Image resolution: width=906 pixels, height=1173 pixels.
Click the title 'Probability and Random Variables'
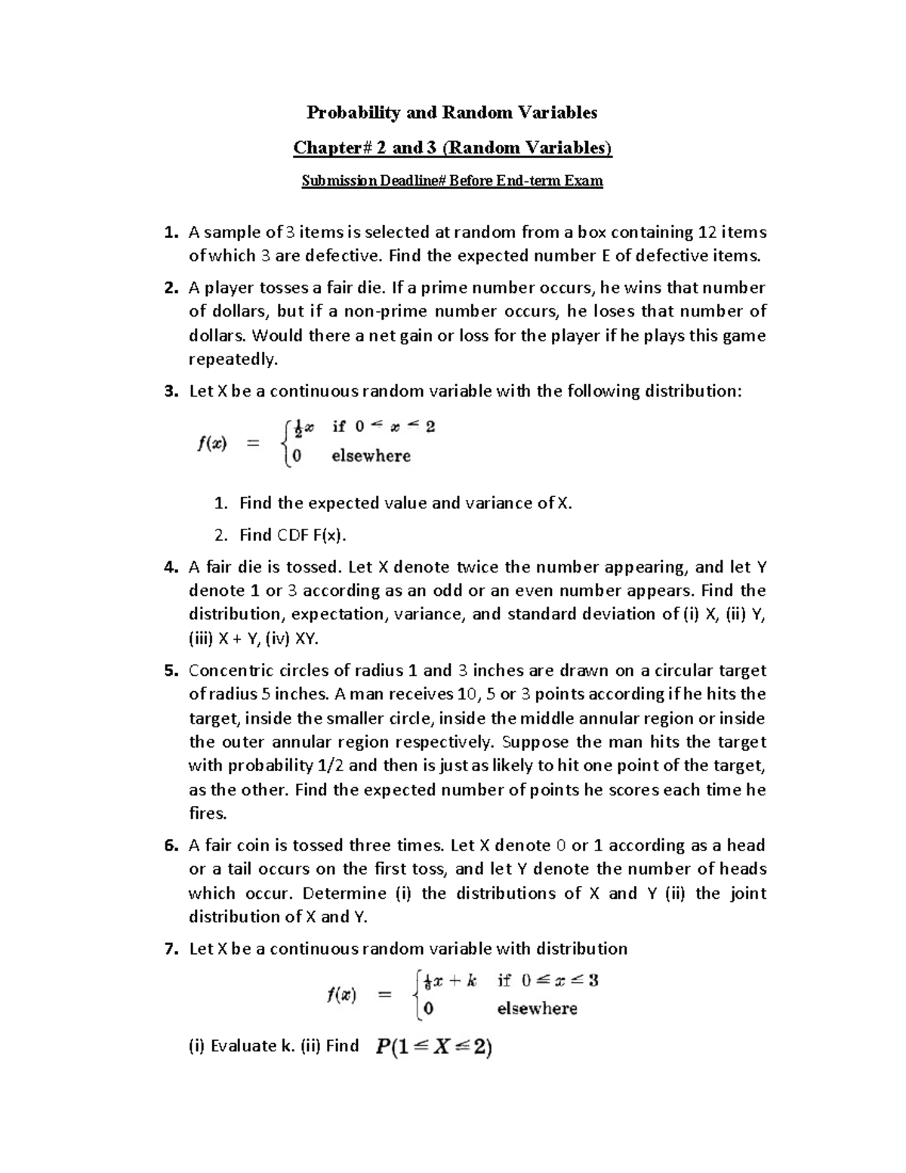pos(451,113)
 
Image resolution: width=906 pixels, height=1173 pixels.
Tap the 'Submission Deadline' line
pos(452,181)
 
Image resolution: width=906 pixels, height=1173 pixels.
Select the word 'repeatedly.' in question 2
pos(233,359)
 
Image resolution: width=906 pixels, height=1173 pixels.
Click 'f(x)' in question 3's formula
pos(212,443)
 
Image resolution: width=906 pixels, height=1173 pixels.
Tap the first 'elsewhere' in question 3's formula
pos(371,456)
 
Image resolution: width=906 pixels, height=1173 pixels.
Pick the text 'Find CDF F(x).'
pos(293,535)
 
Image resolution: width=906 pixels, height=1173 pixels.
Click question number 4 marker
pos(171,566)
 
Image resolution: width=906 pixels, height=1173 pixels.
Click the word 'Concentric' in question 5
pos(226,671)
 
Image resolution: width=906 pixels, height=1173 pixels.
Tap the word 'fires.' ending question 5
pos(208,813)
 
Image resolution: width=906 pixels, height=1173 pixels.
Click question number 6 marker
pos(171,845)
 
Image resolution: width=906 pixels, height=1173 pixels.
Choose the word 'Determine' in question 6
pos(344,893)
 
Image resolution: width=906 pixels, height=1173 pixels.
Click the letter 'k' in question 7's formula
pos(472,981)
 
